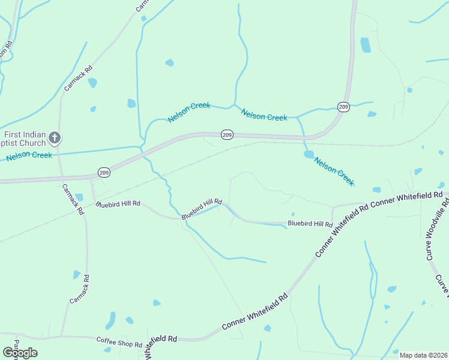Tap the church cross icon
pyautogui.click(x=55, y=137)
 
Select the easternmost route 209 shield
pyautogui.click(x=343, y=107)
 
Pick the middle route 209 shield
pyautogui.click(x=226, y=135)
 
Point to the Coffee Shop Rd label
pyautogui.click(x=119, y=343)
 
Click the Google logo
pyautogui.click(x=20, y=352)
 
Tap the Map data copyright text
pyautogui.click(x=423, y=355)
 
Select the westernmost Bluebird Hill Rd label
pyautogui.click(x=118, y=204)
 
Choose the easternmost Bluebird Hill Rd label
pyautogui.click(x=310, y=224)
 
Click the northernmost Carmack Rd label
pyautogui.click(x=79, y=77)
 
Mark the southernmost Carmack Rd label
pyautogui.click(x=79, y=289)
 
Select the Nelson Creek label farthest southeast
pyautogui.click(x=334, y=171)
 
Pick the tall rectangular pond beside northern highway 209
pyautogui.click(x=365, y=45)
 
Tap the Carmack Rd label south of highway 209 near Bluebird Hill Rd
pyautogui.click(x=73, y=200)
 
